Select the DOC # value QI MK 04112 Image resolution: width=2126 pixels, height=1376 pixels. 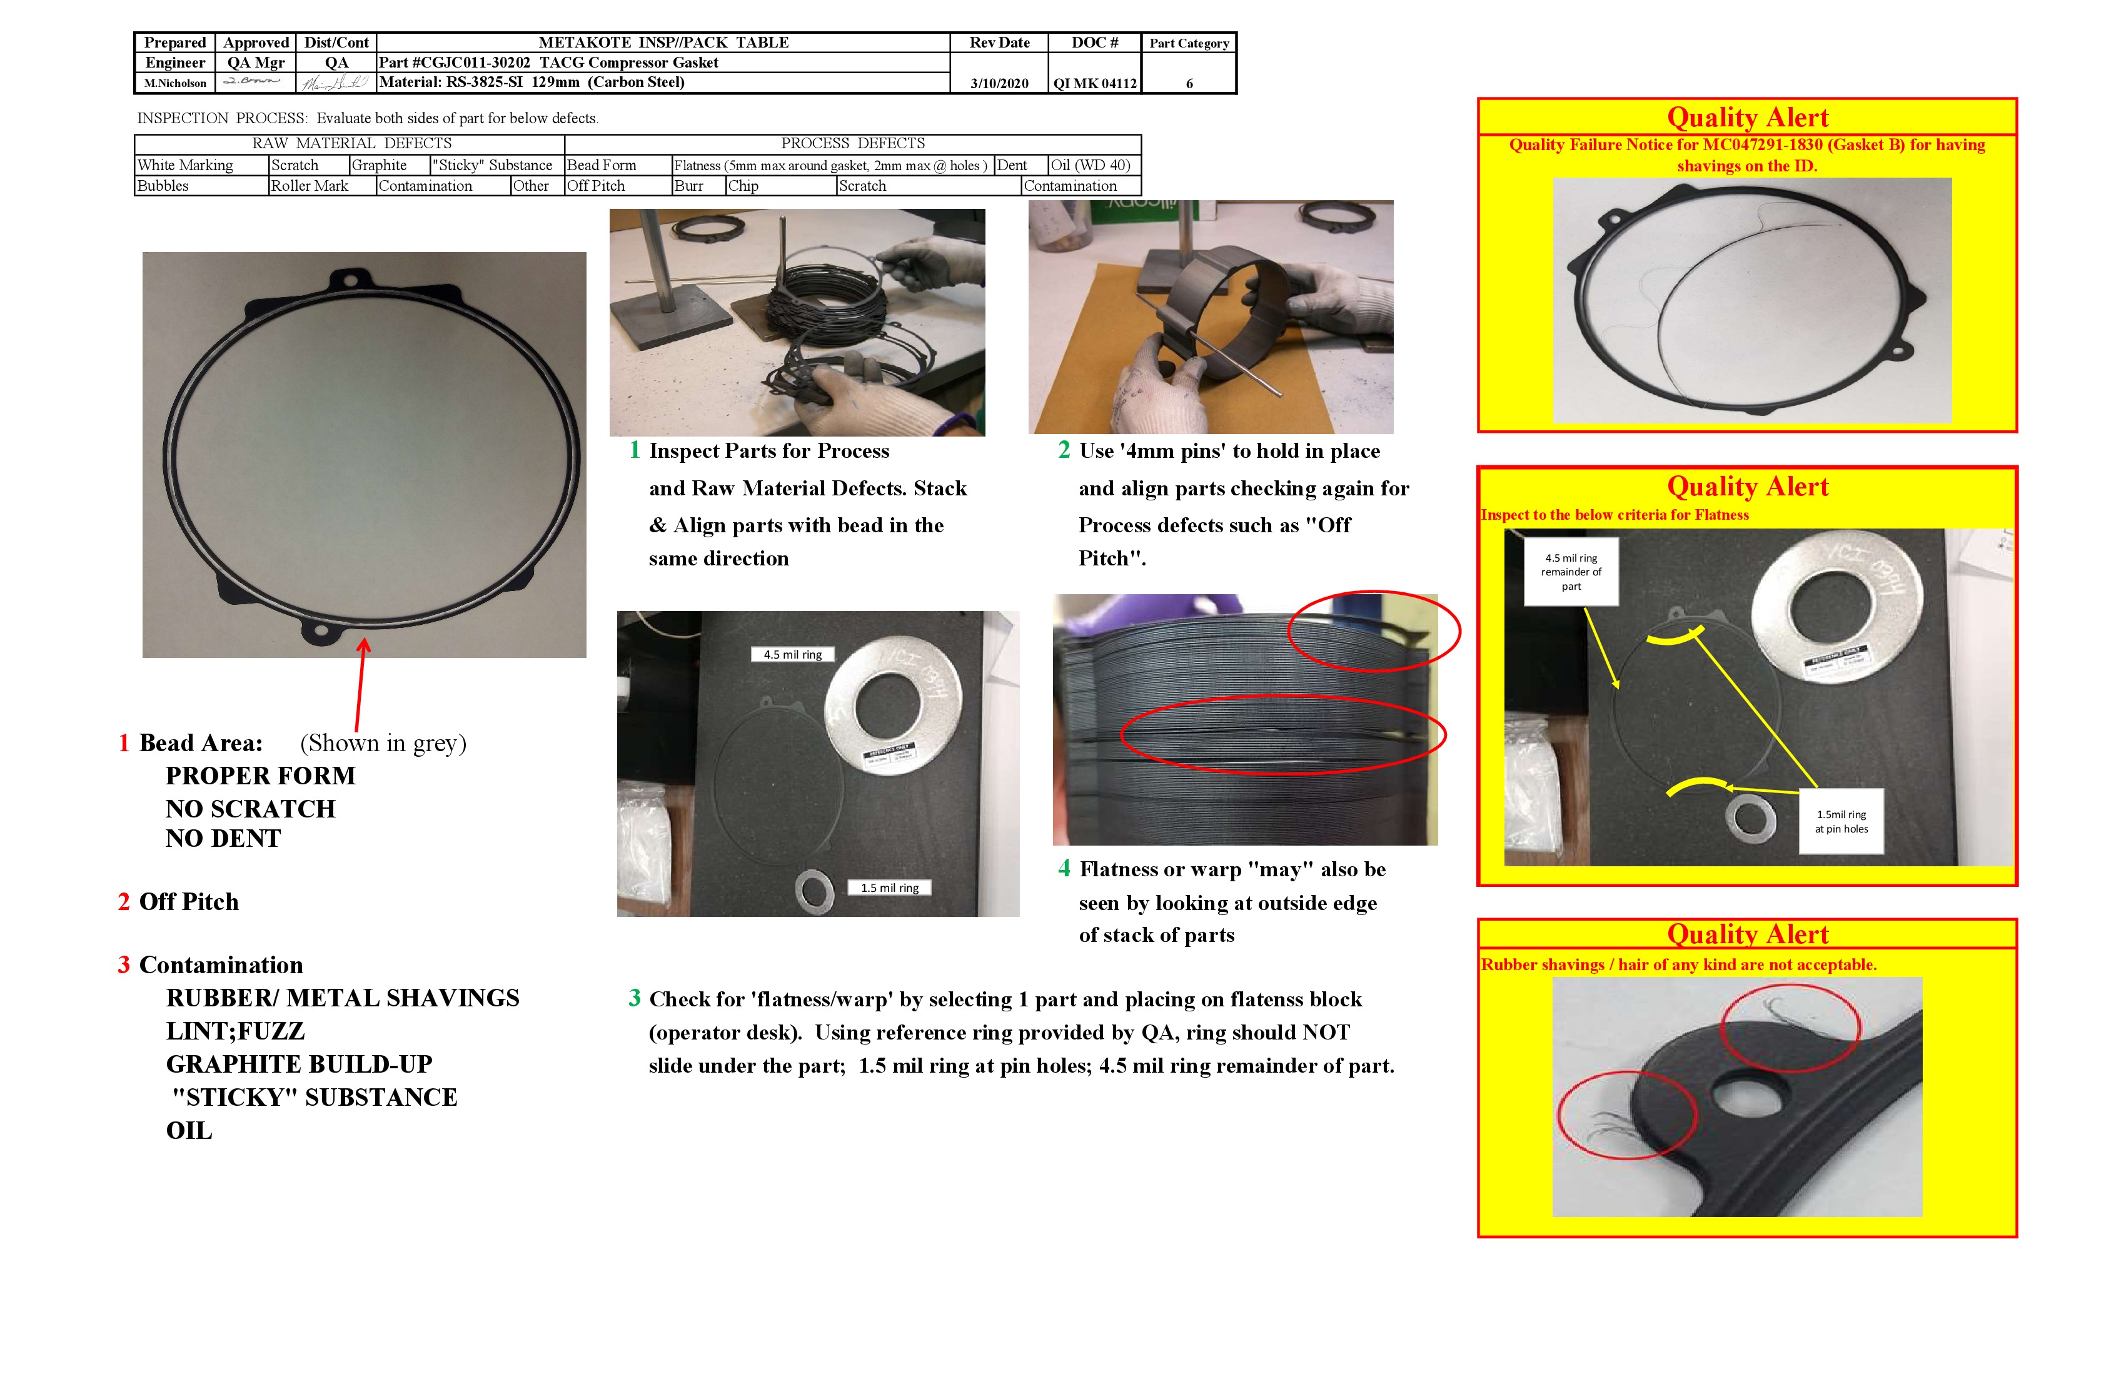point(1094,83)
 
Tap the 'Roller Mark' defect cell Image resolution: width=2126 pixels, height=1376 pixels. point(309,186)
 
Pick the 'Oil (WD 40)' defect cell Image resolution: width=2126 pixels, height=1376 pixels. point(1090,165)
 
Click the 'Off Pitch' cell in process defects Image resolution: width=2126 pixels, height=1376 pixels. point(596,186)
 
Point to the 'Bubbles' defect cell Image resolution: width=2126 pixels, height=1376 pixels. point(163,186)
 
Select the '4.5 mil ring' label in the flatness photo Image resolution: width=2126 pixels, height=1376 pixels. point(792,655)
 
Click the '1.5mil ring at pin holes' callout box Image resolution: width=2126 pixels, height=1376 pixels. point(1840,821)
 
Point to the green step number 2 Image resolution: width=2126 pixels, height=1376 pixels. point(1064,450)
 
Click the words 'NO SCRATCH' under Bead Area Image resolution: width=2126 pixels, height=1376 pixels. point(250,809)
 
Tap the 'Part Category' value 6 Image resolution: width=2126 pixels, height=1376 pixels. point(1189,83)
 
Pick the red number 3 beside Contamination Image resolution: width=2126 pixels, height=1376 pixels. point(124,965)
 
